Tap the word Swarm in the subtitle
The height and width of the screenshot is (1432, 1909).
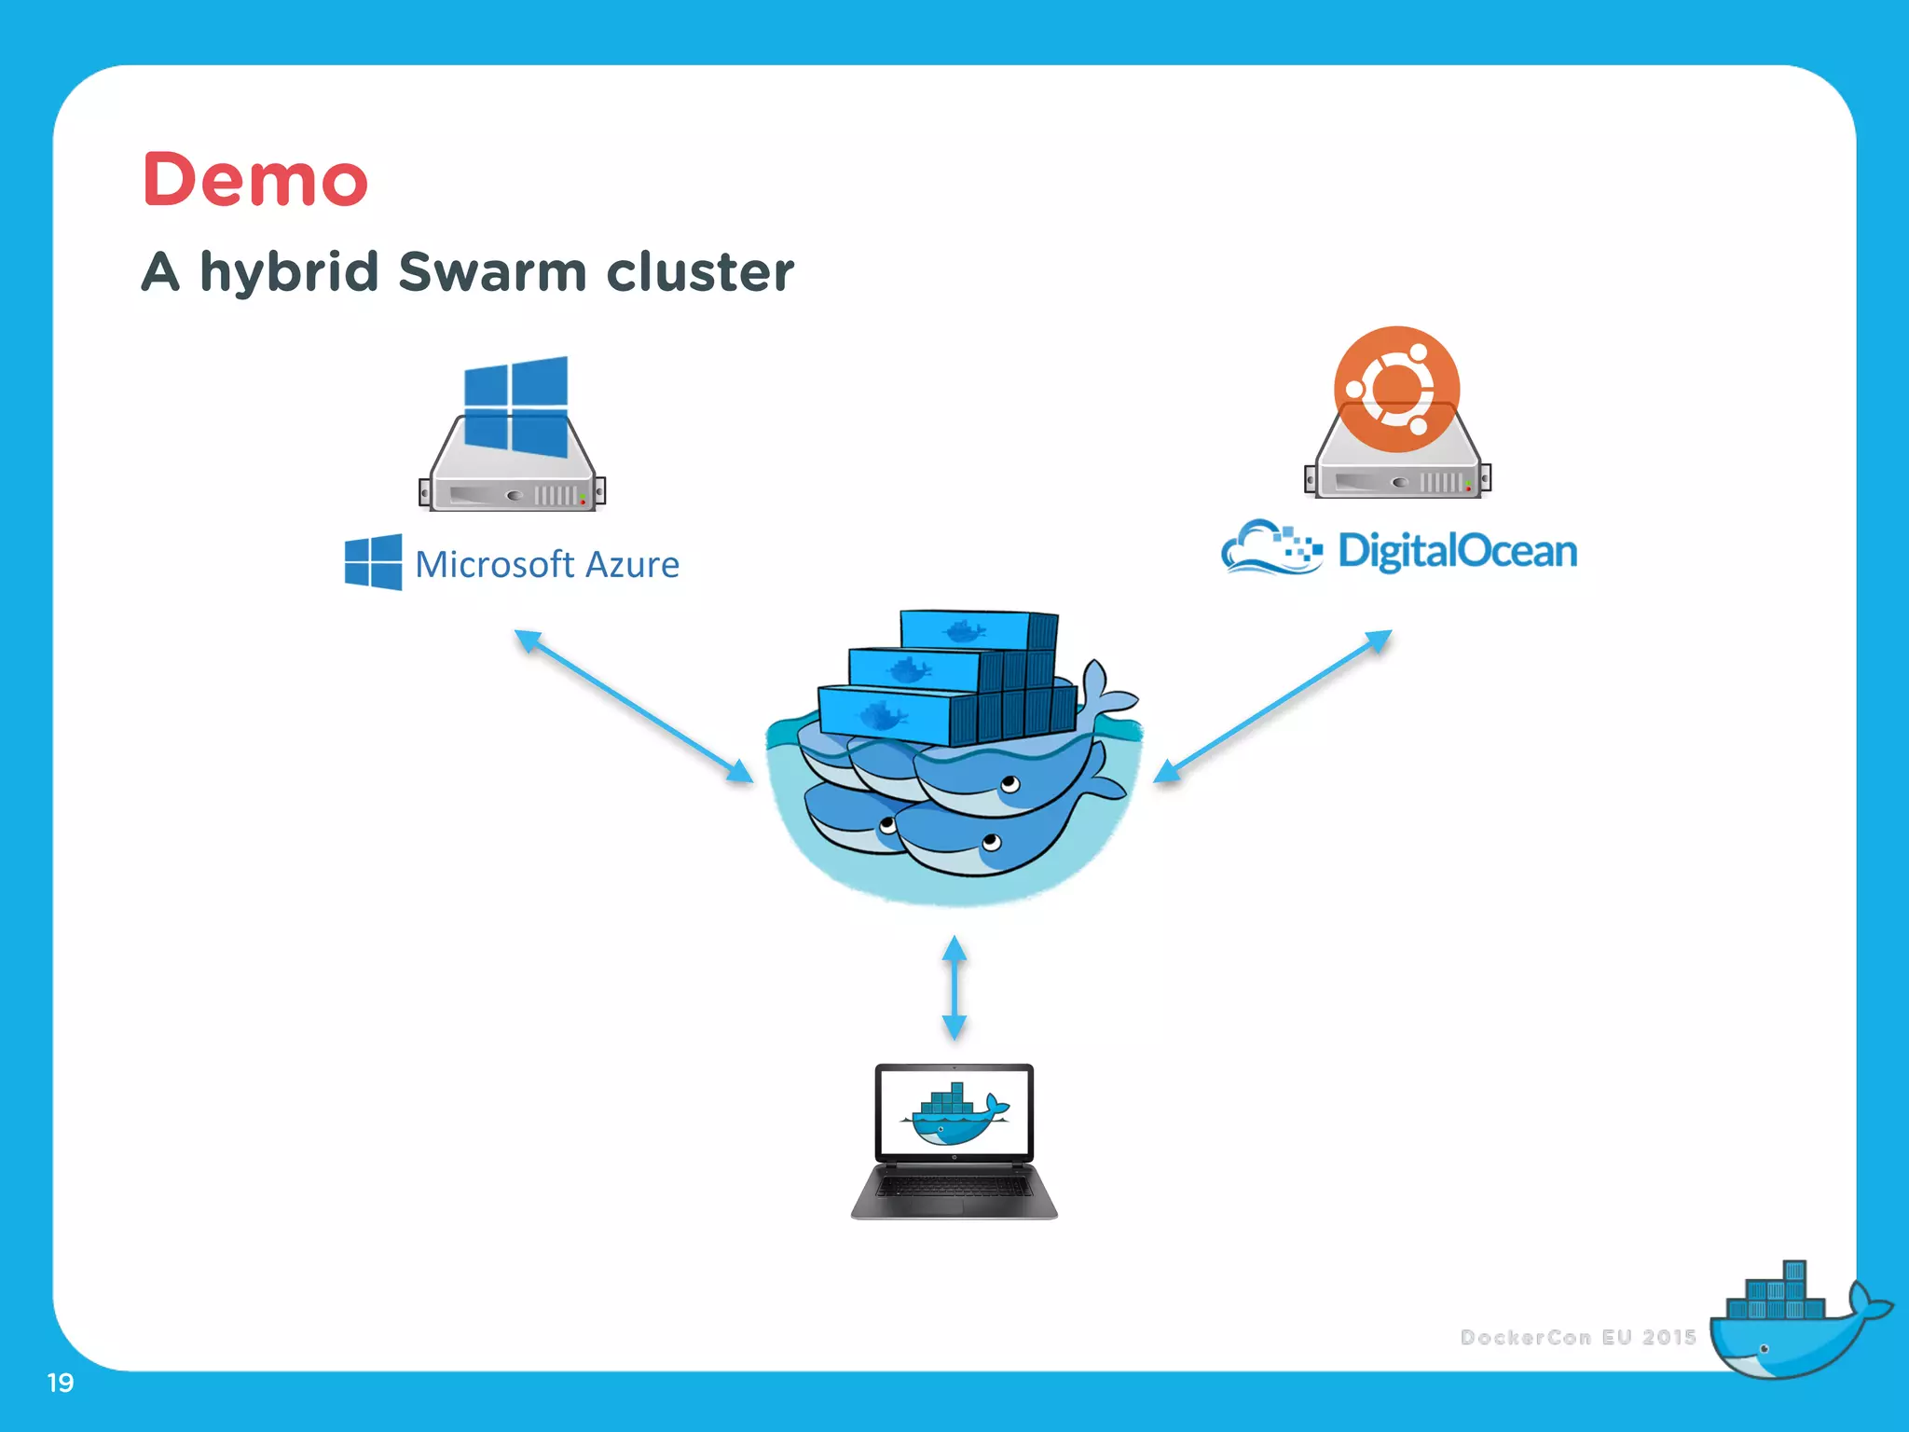pos(493,271)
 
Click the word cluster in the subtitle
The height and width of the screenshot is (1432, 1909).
pos(700,271)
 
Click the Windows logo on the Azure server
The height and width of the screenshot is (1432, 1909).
pos(515,406)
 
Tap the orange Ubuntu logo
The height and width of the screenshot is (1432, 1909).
pos(1395,389)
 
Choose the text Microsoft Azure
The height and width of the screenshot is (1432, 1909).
pos(547,565)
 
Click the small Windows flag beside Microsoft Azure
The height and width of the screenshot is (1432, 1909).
pos(373,562)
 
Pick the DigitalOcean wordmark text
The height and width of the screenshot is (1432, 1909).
pos(1457,550)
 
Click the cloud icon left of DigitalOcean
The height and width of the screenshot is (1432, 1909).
pos(1269,547)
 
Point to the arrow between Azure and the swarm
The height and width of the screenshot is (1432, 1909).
pos(634,706)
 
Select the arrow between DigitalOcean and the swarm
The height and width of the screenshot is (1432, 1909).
pos(1272,706)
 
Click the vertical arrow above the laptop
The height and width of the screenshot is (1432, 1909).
pos(954,988)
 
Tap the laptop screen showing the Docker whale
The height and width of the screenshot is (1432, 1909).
pos(954,1112)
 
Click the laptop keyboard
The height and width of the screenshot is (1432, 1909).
pos(954,1187)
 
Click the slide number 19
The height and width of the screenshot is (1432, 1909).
pos(61,1383)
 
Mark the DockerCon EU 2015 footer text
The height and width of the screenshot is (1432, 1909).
pos(1577,1337)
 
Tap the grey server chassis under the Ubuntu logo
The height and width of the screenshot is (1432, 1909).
pos(1396,475)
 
